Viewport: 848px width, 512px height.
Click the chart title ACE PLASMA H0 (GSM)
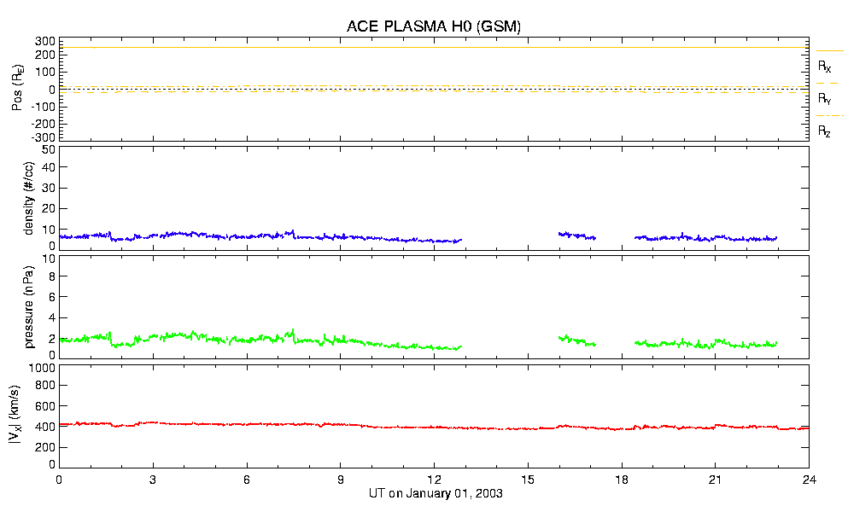[x=434, y=26]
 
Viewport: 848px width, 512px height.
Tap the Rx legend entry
[x=825, y=66]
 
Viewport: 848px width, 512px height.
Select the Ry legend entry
[x=825, y=99]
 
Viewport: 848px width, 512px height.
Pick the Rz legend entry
[x=825, y=131]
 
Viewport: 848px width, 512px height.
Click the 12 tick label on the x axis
[x=434, y=480]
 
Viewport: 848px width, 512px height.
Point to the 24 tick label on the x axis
[x=809, y=480]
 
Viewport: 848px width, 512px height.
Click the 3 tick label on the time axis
[x=153, y=480]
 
